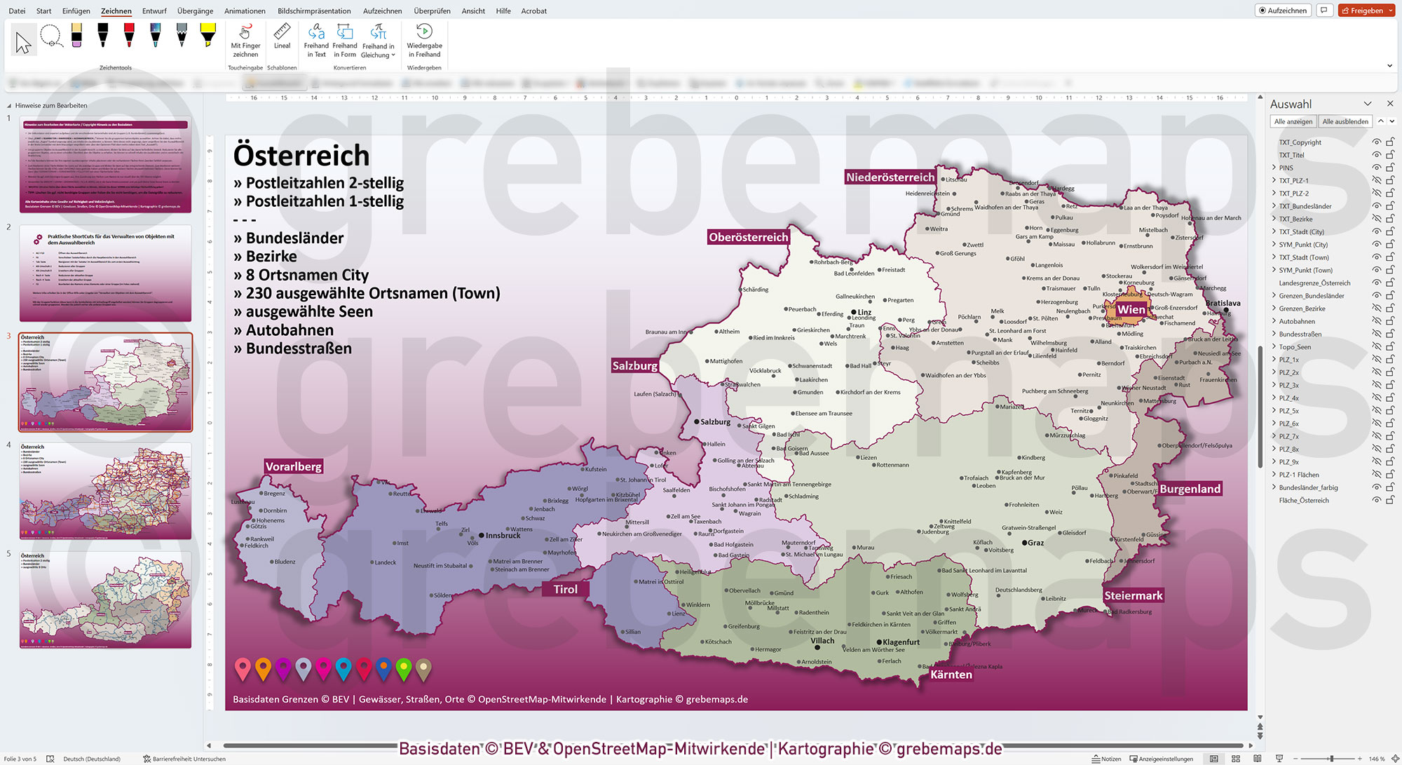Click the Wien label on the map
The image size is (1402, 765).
(1131, 309)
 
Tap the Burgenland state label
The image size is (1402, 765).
(1190, 489)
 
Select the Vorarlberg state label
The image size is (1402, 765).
(293, 466)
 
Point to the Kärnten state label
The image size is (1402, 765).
(951, 675)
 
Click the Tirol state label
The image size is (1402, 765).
(565, 589)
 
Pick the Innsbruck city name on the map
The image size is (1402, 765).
(503, 536)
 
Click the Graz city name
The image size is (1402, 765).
(1035, 543)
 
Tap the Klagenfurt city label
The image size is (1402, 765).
(901, 642)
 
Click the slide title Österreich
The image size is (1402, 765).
(301, 155)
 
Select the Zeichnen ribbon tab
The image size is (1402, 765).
(116, 11)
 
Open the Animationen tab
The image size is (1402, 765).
(245, 11)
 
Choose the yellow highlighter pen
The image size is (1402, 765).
(207, 34)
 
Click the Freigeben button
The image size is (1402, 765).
(1366, 11)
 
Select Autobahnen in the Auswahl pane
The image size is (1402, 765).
(1297, 321)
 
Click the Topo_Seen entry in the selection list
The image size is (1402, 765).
(1295, 347)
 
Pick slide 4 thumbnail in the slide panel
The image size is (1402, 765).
(105, 491)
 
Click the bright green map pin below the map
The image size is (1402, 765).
(404, 669)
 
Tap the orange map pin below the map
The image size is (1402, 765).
(263, 669)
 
